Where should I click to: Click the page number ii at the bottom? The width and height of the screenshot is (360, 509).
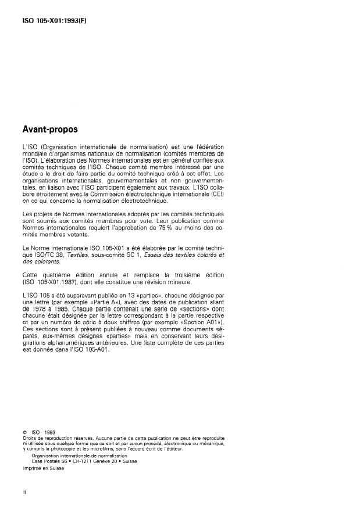click(24, 493)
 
